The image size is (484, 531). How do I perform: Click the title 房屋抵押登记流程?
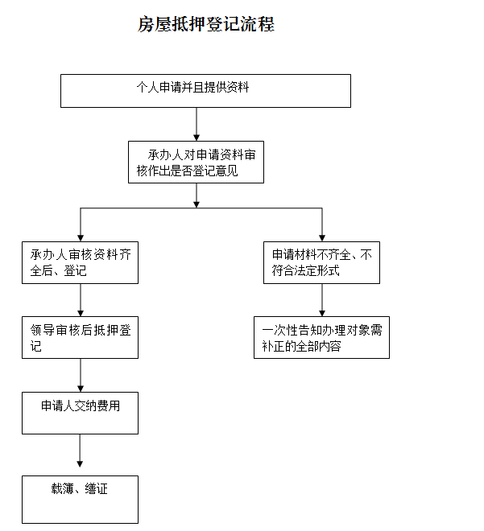point(206,25)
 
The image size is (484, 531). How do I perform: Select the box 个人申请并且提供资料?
point(205,91)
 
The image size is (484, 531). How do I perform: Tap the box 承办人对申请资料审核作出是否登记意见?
point(196,163)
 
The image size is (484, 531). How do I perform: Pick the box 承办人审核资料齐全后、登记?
point(80,263)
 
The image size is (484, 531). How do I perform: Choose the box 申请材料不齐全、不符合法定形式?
point(321,263)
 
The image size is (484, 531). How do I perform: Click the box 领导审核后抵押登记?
point(80,337)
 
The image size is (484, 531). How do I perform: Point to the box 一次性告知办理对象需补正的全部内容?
point(321,337)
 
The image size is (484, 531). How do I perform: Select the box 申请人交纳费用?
point(80,414)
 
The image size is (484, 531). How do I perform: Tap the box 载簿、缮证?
point(80,500)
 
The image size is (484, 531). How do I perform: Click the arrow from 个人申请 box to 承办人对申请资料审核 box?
point(196,125)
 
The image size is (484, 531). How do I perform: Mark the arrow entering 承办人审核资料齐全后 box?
point(81,225)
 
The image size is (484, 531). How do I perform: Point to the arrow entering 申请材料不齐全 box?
point(322,225)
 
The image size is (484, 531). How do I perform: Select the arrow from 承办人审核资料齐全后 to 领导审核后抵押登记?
point(81,300)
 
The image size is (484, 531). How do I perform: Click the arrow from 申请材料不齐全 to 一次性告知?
point(322,300)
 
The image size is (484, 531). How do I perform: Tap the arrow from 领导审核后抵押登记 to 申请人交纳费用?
point(81,375)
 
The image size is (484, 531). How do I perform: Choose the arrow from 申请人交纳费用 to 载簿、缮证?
point(80,451)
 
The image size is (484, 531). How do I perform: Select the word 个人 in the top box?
point(146,87)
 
